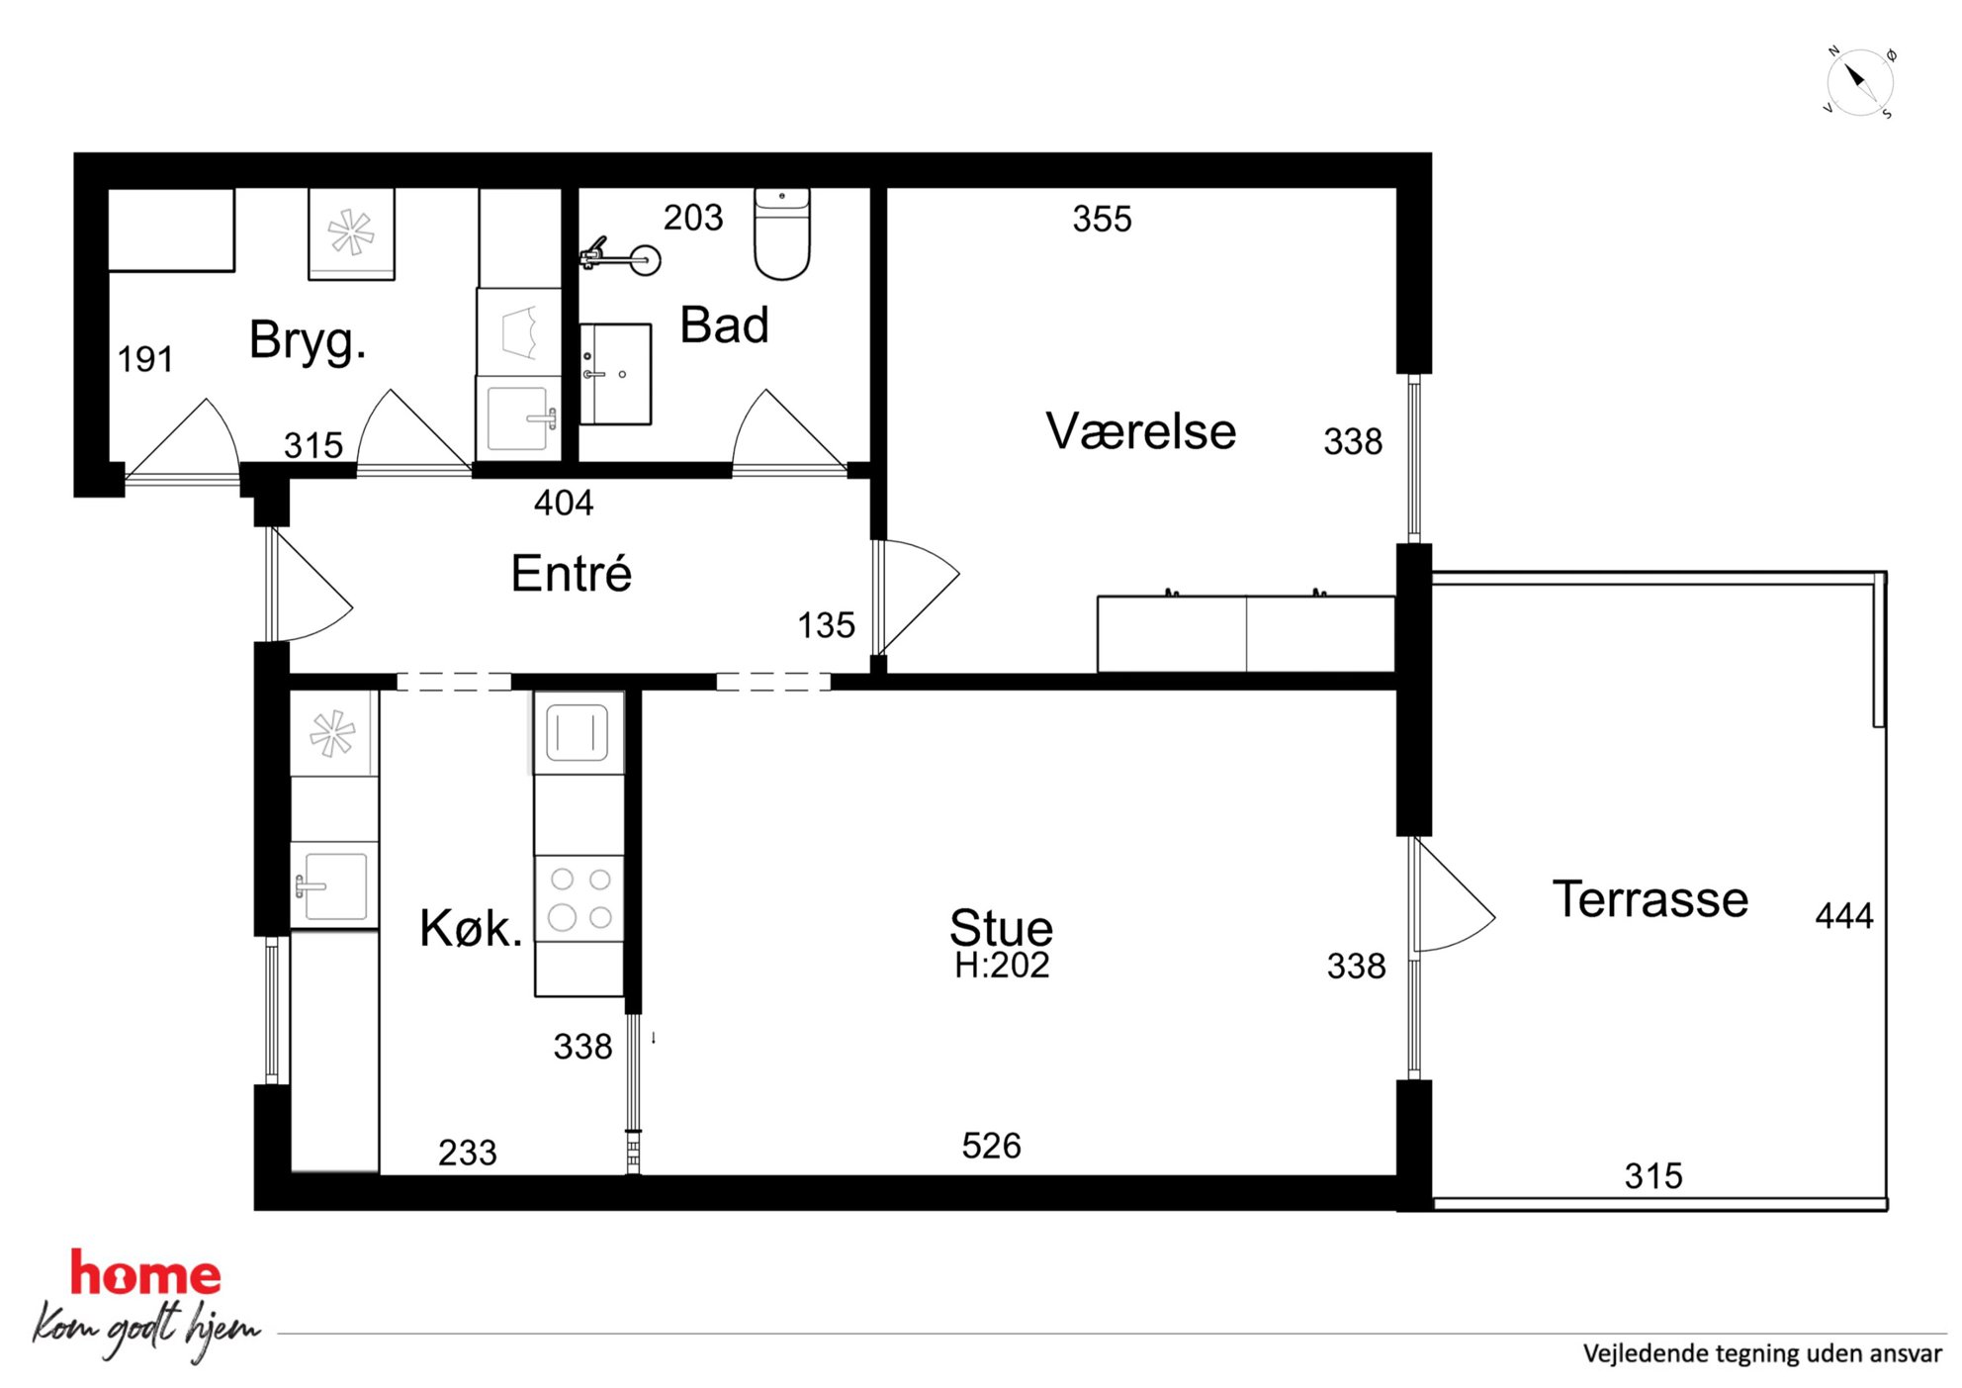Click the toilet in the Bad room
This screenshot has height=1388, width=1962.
click(782, 233)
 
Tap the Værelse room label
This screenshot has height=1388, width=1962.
click(1141, 431)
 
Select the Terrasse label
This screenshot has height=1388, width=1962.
click(1650, 899)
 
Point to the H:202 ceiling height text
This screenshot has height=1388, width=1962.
click(1002, 966)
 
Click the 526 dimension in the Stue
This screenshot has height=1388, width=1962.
click(992, 1146)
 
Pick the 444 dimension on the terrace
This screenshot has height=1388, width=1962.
click(1844, 916)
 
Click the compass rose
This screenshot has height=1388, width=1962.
click(1859, 82)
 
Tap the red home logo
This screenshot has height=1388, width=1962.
click(145, 1273)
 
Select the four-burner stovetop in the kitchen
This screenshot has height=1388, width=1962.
click(580, 898)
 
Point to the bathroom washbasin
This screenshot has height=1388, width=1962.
click(615, 374)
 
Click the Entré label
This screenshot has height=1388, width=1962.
click(572, 573)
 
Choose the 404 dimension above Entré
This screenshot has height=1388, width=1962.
click(564, 504)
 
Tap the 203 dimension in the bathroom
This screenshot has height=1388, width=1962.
click(693, 218)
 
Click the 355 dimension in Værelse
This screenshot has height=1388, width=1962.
click(1103, 219)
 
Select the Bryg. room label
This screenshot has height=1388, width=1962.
click(308, 341)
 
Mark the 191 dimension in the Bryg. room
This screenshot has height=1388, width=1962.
click(145, 359)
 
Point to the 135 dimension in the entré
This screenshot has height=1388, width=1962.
click(827, 625)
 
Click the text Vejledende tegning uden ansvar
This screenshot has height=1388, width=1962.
click(1762, 1353)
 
